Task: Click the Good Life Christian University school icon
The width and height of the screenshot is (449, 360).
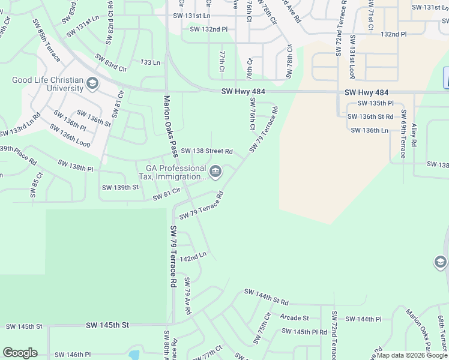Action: (92, 83)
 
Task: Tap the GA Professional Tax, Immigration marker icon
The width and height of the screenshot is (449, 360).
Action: (215, 173)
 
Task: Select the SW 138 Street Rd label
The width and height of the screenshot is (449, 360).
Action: (206, 151)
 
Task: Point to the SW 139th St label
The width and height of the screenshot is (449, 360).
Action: (120, 187)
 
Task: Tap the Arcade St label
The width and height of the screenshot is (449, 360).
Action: (294, 318)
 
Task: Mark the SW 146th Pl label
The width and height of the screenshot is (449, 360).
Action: (71, 355)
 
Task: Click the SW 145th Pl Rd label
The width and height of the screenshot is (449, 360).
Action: (304, 331)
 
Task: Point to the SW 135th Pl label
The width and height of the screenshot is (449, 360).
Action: (375, 103)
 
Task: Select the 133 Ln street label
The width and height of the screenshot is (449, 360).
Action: (150, 62)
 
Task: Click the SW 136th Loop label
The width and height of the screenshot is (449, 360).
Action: (70, 136)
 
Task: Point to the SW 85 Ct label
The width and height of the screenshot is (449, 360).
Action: (36, 185)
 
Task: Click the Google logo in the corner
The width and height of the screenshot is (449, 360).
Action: (20, 353)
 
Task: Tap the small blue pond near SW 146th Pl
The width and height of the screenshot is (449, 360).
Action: (133, 355)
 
